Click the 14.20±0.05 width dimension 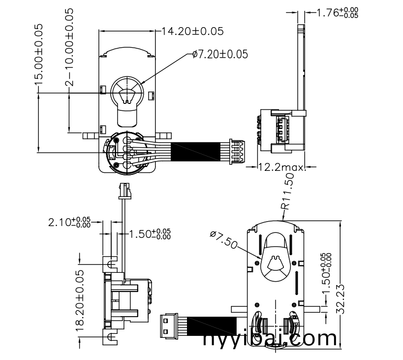click(192, 32)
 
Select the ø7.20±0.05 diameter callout click(219, 54)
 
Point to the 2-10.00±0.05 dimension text click(70, 47)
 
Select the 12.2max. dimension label click(282, 167)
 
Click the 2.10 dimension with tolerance click(69, 222)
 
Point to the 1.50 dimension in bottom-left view click(150, 234)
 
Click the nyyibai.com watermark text click(270, 339)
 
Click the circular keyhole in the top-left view click(127, 91)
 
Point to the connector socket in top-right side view click(281, 130)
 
